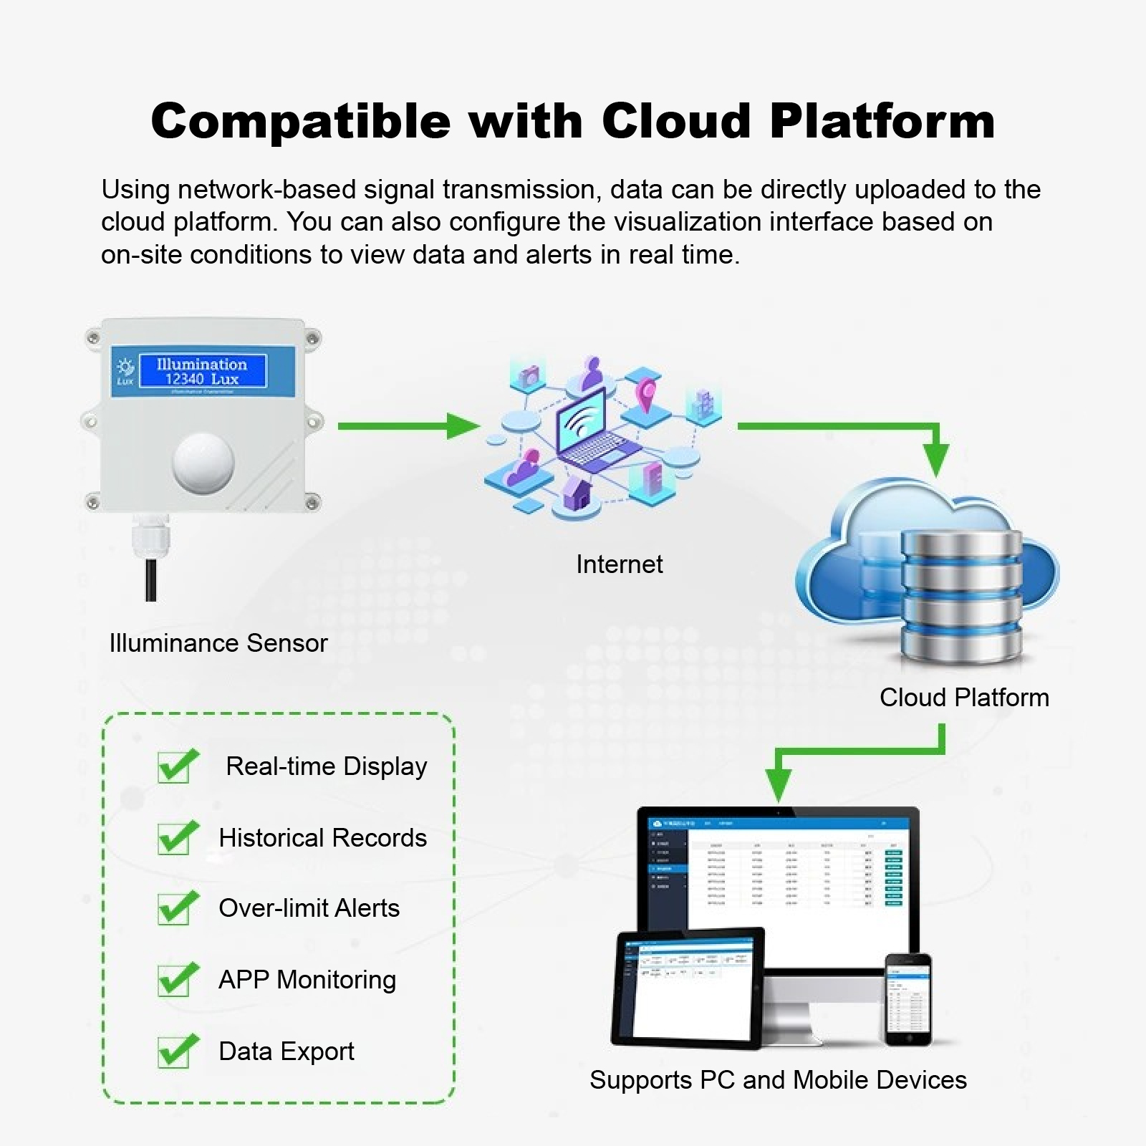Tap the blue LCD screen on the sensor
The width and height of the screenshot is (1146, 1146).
coord(201,372)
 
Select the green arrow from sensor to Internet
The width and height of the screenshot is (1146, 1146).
coord(408,426)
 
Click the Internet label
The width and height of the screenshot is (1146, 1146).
coord(619,564)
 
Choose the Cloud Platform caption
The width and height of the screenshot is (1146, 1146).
coord(963,698)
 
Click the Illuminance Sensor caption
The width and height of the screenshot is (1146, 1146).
coord(218,643)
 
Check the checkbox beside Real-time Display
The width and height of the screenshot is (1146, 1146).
coord(174,768)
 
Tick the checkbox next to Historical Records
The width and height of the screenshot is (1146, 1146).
coord(174,839)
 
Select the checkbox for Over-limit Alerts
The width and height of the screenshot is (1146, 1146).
coord(174,909)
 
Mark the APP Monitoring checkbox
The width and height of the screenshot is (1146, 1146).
coord(174,981)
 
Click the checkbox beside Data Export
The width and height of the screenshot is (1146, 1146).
coord(174,1052)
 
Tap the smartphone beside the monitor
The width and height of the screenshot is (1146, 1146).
coord(907,999)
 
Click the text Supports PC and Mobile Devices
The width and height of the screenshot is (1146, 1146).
coord(778,1080)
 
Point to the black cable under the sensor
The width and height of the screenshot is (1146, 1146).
coord(150,580)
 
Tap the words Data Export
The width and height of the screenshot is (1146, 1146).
coord(286,1051)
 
